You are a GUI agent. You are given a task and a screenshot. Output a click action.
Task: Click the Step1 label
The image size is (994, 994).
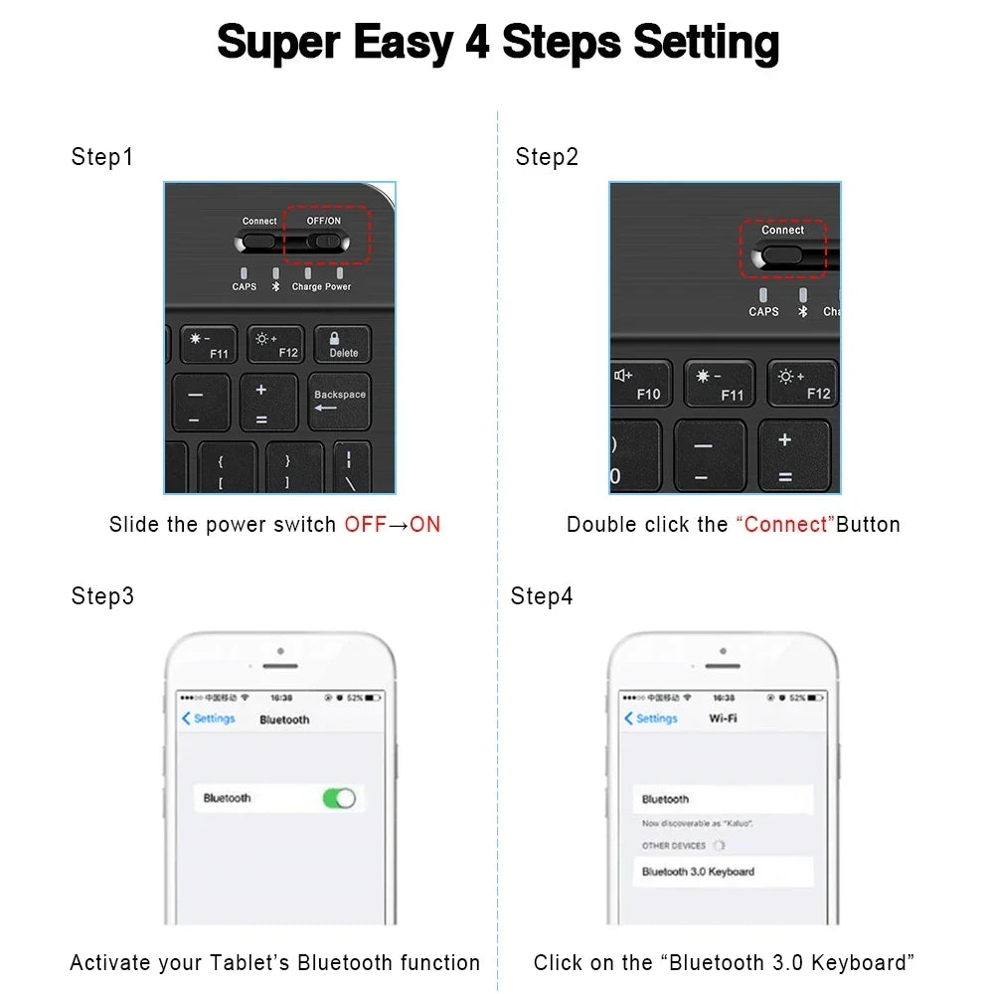(x=101, y=157)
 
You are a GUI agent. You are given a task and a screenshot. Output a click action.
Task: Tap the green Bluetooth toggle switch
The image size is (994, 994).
(x=339, y=798)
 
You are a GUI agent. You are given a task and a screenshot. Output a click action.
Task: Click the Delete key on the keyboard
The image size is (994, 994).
(x=343, y=345)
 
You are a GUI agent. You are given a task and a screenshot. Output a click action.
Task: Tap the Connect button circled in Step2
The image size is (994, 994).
(x=781, y=254)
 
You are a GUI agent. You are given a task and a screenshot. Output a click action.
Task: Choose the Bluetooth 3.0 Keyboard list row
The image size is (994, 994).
(x=723, y=872)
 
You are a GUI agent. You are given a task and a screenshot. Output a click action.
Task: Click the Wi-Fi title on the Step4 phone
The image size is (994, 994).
(x=723, y=719)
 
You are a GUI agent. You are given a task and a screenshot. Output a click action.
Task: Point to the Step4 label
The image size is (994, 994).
(x=542, y=596)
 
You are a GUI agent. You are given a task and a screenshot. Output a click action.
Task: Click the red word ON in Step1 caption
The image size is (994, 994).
(x=424, y=525)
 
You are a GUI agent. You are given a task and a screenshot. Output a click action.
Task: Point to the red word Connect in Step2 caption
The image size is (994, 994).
(x=785, y=525)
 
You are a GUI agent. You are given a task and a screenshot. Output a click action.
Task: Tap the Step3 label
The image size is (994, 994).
(x=102, y=596)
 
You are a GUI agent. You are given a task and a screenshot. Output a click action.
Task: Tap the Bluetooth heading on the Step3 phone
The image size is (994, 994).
(x=284, y=720)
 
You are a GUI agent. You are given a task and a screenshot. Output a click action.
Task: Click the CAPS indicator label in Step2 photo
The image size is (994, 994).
(x=763, y=311)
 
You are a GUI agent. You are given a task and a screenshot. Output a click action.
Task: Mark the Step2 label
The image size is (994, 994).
(x=547, y=157)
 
